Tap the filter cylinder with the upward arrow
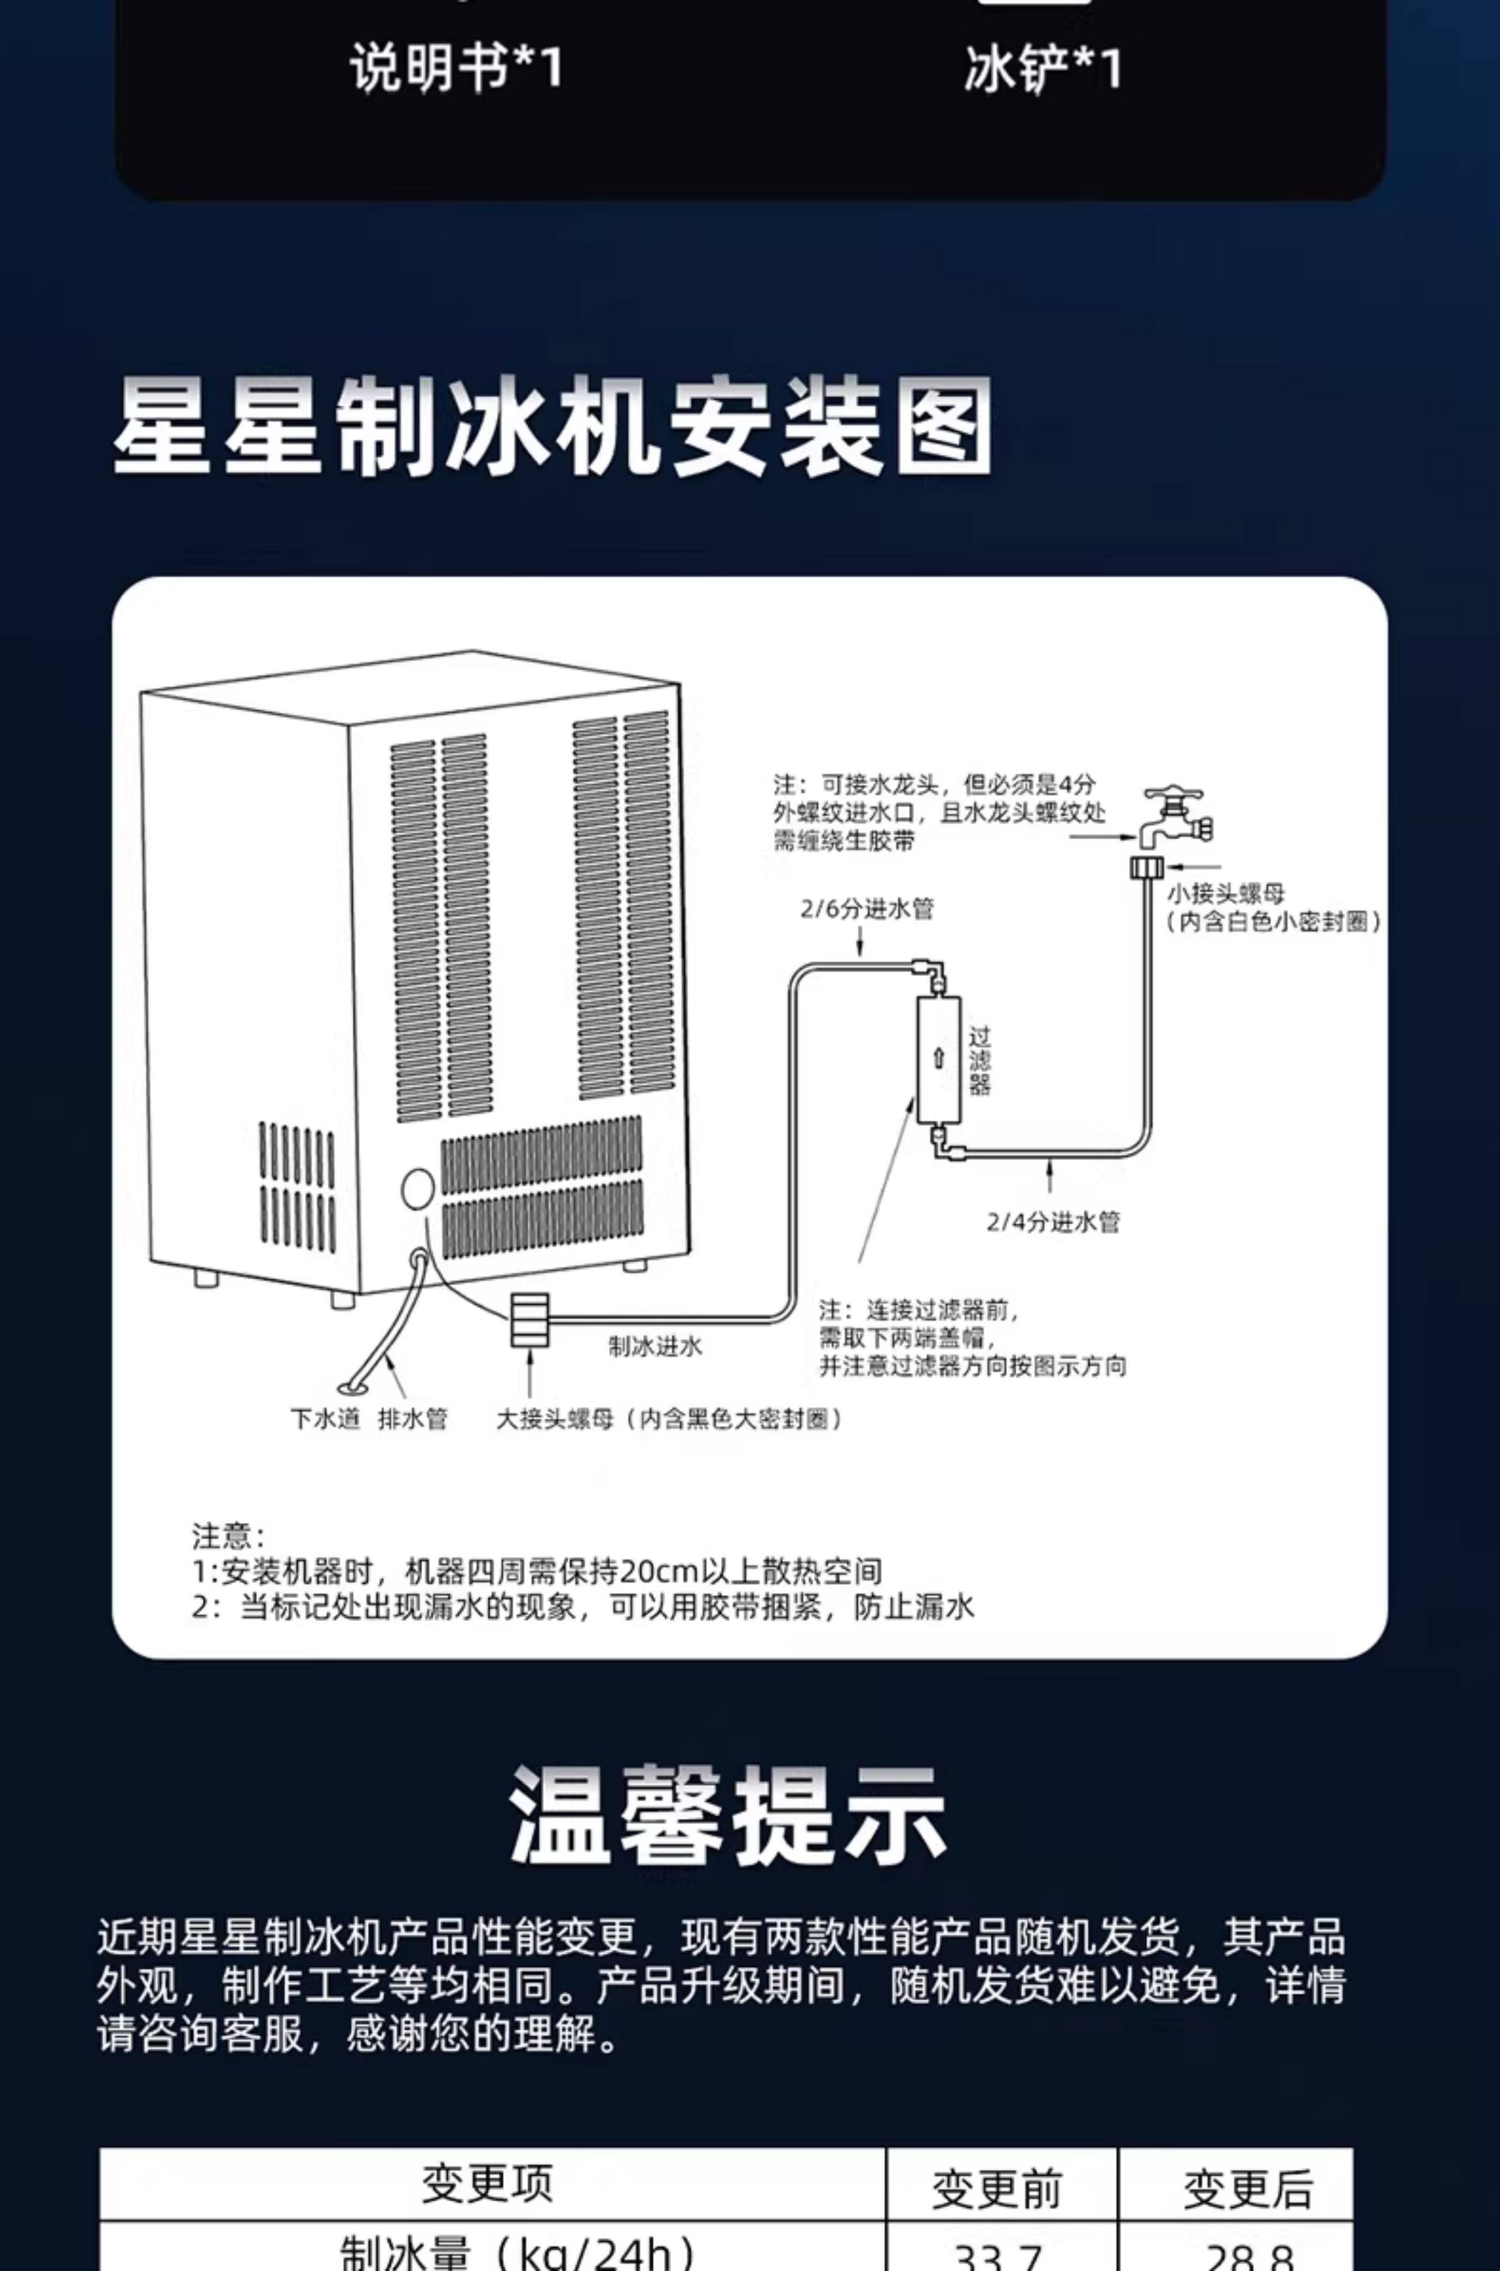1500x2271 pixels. point(939,1059)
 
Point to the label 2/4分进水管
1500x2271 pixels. point(1052,1221)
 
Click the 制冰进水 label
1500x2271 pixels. point(655,1347)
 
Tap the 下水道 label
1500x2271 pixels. point(325,1419)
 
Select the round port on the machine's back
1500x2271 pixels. point(417,1189)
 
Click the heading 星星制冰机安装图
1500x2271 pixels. point(552,426)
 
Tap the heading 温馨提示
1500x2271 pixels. point(728,1815)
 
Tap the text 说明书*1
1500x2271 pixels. point(456,69)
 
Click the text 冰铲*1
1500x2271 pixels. point(1043,70)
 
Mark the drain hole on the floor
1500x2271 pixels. point(348,1388)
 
